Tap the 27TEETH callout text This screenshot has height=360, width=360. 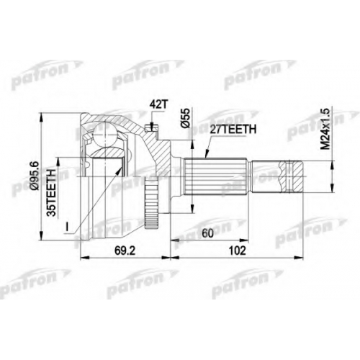[x=233, y=130]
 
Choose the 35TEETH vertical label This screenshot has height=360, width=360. [x=51, y=193]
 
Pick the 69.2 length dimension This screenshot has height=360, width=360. [x=125, y=251]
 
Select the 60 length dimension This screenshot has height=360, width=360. [x=207, y=233]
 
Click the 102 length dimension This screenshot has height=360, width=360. [x=238, y=251]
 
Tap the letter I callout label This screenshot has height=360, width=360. [x=68, y=227]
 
